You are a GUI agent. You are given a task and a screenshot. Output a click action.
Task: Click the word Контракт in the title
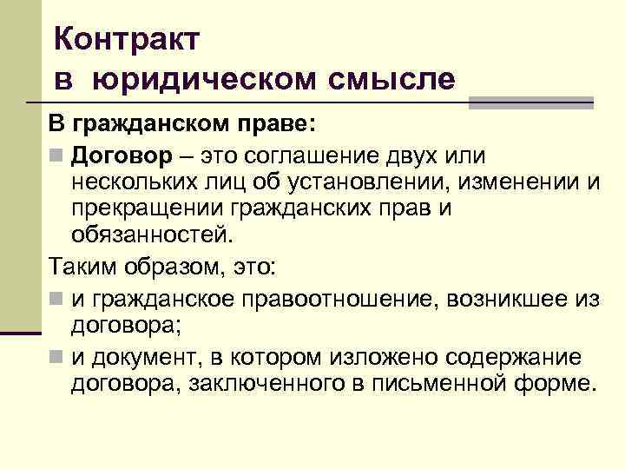pyautogui.click(x=127, y=38)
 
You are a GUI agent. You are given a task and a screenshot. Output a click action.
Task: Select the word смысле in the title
pyautogui.click(x=391, y=79)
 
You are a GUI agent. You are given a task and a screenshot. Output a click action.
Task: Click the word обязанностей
pyautogui.click(x=153, y=235)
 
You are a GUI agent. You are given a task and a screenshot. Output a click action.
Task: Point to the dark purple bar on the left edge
pyautogui.click(x=21, y=332)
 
